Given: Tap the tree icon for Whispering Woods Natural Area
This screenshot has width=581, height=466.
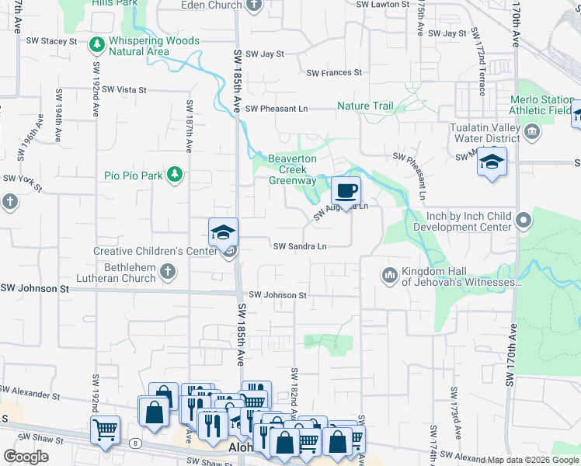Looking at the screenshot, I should pos(97,45).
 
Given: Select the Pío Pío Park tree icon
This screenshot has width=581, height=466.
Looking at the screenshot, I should pos(176,175).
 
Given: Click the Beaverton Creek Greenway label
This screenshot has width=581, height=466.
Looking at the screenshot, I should pos(292,169).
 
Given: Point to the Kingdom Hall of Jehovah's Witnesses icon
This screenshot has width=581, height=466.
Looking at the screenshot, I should pos(388,275).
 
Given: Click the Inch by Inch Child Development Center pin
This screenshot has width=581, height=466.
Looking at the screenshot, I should pos(524,221).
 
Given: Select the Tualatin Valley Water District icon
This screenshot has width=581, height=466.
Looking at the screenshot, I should pos(533,131).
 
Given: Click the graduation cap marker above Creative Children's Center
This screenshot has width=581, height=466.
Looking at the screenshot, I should pos(222,231).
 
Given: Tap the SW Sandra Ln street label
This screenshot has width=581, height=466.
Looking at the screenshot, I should pos(299,246).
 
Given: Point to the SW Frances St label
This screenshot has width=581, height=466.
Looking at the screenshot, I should pos(334,73).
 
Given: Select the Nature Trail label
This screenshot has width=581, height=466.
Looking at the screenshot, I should pos(365,106).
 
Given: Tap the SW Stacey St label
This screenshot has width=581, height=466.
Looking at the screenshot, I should pos(52,40).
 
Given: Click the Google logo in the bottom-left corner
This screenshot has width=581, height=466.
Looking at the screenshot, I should pos(26,456).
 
